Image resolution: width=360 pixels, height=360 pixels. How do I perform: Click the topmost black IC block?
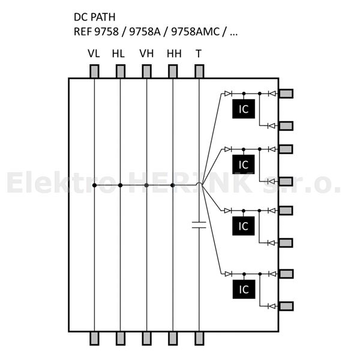243,109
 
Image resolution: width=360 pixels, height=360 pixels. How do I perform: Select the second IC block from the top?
243,164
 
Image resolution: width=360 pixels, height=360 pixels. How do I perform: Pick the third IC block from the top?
243,226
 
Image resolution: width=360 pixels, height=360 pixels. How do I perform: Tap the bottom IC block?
243,289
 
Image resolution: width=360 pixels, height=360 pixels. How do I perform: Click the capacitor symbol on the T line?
199,225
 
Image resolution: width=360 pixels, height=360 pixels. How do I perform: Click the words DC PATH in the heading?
95,17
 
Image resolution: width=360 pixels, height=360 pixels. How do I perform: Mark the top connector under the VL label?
94,71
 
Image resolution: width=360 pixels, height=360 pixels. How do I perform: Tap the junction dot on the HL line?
120,185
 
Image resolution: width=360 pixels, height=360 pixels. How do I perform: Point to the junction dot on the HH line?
173,185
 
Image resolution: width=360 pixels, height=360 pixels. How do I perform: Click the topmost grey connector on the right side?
286,94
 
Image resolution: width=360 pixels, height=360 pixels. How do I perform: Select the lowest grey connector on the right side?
286,306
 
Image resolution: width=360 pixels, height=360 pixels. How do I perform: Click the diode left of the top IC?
227,94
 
